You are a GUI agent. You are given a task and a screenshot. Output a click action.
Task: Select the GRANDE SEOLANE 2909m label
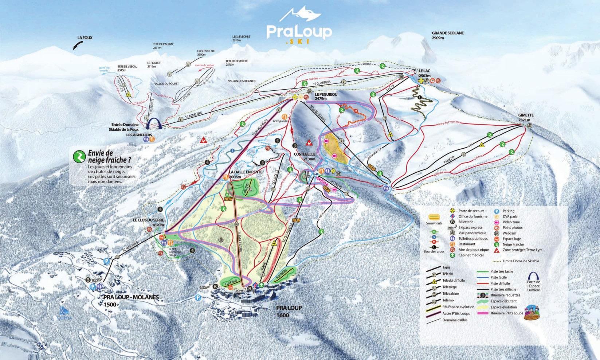pyautogui.click(x=448, y=35)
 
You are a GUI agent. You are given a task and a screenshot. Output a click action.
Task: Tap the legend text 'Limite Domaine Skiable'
pyautogui.click(x=521, y=261)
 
